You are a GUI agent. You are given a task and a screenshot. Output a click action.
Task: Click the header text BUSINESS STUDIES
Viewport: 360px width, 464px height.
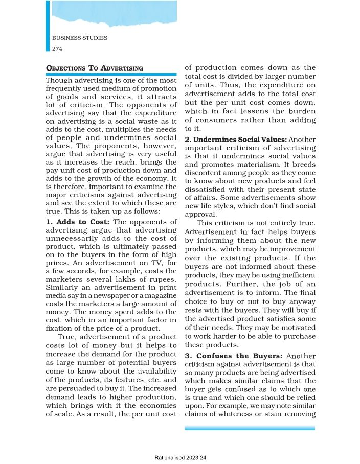[80, 38]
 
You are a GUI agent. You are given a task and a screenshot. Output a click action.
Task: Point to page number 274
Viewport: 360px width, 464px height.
[57, 48]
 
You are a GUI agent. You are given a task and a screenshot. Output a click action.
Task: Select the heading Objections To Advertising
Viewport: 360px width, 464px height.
[94, 68]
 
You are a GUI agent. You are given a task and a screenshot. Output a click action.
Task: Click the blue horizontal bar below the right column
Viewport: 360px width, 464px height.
[250, 428]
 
